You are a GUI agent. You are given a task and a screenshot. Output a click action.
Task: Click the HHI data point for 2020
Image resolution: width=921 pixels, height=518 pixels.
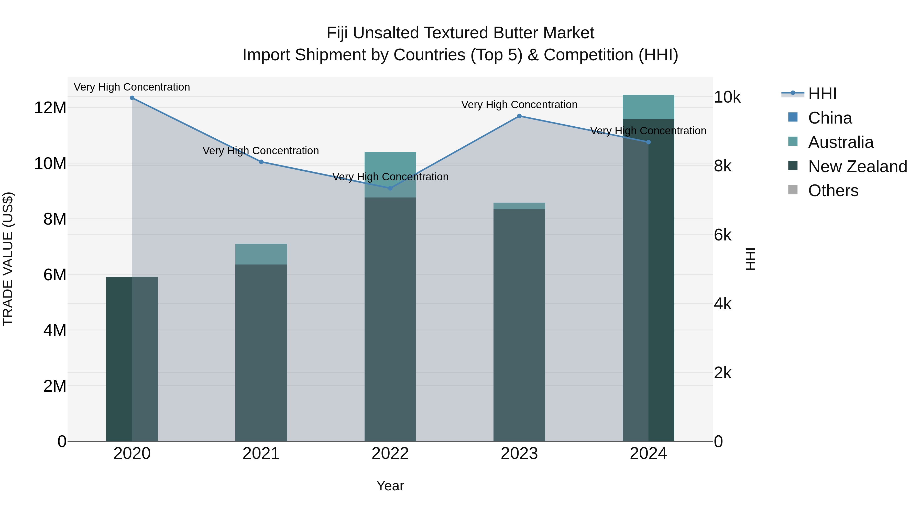132,98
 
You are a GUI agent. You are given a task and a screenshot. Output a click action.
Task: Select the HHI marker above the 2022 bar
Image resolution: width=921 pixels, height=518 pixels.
390,188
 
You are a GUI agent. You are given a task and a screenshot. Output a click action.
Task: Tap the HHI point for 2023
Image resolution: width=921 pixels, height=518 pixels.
519,116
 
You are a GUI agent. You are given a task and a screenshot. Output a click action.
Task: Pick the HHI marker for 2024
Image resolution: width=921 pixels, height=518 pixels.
648,142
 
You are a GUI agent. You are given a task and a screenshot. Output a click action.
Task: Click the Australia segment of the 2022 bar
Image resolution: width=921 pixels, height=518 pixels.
390,174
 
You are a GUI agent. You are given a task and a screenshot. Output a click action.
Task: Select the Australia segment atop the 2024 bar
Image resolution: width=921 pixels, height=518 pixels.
648,107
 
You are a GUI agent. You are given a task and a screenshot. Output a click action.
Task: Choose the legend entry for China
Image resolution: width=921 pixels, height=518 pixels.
829,118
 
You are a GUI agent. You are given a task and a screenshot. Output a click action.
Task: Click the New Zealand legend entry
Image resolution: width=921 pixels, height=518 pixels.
857,167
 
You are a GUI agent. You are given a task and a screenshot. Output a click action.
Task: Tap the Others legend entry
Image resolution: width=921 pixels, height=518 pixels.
833,191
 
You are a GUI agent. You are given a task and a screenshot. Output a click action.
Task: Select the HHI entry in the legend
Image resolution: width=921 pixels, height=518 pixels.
822,94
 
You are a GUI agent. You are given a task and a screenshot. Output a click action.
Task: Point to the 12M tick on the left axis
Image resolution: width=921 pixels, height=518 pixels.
50,108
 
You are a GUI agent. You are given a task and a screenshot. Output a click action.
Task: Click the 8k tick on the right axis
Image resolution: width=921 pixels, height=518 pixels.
722,166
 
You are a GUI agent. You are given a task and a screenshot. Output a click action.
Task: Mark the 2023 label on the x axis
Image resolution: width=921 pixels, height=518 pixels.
519,454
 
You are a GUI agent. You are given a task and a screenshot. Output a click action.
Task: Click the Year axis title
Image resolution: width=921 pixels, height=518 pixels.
390,486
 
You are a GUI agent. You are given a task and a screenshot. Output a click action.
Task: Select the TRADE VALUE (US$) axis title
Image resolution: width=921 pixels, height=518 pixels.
8,259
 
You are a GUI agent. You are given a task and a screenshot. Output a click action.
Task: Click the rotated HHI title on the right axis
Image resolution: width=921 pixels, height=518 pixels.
750,259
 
